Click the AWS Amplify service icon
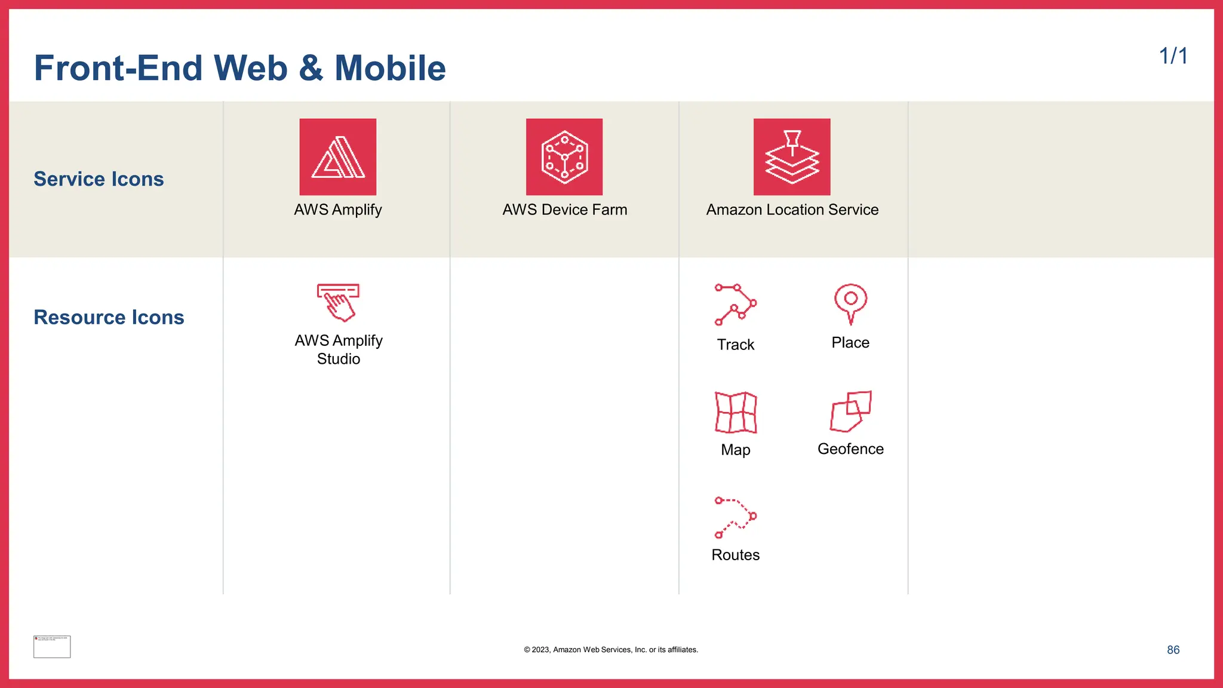tap(338, 156)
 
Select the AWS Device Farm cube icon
tap(564, 156)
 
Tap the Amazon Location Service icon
tap(792, 156)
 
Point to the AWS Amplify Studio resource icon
tap(338, 302)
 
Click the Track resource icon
tap(736, 305)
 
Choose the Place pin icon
tap(850, 303)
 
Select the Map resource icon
tap(736, 412)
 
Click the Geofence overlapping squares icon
tap(850, 411)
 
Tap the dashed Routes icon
tap(736, 517)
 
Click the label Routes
tap(736, 555)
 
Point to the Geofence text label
tap(850, 449)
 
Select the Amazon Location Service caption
tap(792, 210)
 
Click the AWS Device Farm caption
tap(564, 210)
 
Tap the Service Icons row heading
tap(99, 179)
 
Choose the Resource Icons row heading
tap(109, 317)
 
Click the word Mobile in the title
tap(390, 68)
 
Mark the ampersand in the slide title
tap(311, 68)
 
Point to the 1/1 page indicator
tap(1173, 56)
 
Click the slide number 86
tap(1173, 650)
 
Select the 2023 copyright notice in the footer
tap(611, 650)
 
